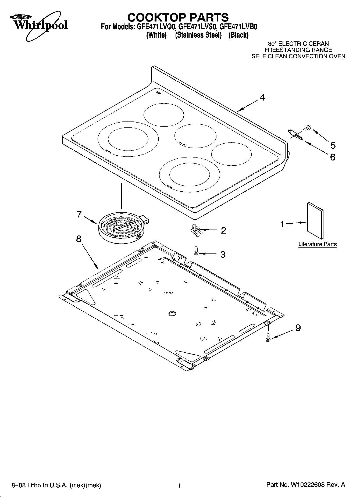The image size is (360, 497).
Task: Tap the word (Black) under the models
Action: (x=238, y=35)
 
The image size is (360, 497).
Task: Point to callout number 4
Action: (x=262, y=98)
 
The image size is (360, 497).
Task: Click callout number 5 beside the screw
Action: (x=333, y=145)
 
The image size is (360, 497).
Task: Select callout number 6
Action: (x=333, y=157)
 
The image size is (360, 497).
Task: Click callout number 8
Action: (x=79, y=239)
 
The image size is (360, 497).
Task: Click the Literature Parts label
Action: (x=317, y=244)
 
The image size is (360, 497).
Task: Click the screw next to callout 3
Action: (x=196, y=251)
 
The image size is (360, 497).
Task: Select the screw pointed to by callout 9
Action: (x=268, y=337)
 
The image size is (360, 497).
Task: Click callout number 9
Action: (x=298, y=328)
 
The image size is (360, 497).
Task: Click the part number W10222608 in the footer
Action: (x=308, y=485)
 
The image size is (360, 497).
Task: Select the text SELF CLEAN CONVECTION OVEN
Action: (x=298, y=56)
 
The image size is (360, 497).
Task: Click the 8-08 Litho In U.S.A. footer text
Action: (x=56, y=485)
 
